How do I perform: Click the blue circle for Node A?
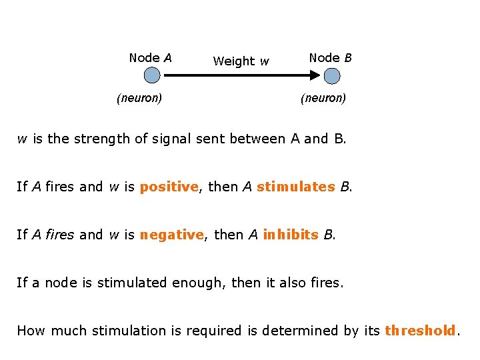point(152,75)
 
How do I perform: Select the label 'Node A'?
point(150,58)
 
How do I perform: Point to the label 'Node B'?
point(330,58)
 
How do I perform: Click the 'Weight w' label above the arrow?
point(241,61)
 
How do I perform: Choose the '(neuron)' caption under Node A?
point(139,98)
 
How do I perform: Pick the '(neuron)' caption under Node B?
point(323,98)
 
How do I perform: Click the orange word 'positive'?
point(169,187)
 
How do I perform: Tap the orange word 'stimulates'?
point(295,187)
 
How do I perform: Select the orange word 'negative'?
point(171,235)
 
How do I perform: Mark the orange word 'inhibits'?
point(291,235)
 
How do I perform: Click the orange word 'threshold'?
point(421,330)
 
